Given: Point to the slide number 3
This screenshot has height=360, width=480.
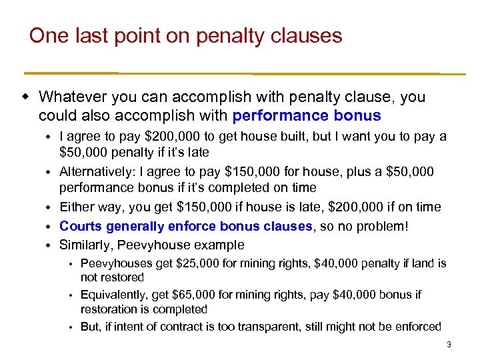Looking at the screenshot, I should click(449, 345).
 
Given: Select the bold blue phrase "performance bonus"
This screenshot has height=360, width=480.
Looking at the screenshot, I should click(307, 116).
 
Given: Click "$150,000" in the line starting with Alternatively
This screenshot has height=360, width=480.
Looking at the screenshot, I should click(235, 172).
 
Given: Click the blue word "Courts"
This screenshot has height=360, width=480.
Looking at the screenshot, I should click(82, 226).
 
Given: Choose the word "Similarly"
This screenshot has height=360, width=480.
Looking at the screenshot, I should click(86, 245).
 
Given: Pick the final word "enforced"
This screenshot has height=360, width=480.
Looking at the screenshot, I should click(418, 327).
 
